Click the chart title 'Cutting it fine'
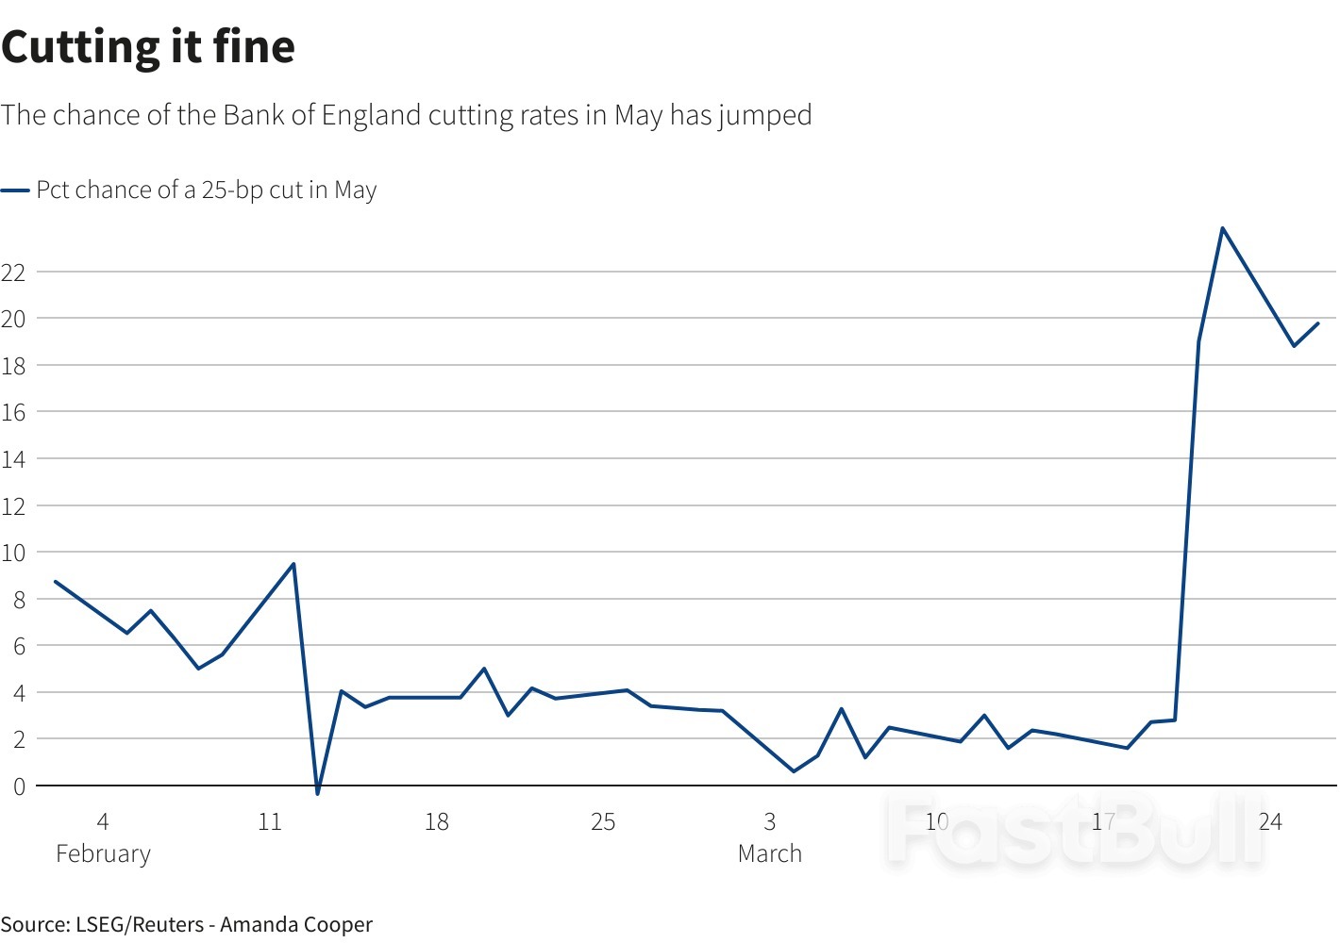point(148,47)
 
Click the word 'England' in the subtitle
point(371,115)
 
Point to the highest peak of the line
point(1222,228)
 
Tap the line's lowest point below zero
point(318,793)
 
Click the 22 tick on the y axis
point(13,273)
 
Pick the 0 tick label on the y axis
point(18,786)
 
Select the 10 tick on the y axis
point(13,553)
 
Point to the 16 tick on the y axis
point(13,412)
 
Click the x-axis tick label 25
point(603,822)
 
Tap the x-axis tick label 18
point(436,822)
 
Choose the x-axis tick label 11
point(270,822)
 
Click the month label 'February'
point(103,854)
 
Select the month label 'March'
point(770,854)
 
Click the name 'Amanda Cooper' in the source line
point(296,925)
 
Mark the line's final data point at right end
point(1318,323)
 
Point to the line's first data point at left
point(56,582)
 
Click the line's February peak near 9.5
point(293,564)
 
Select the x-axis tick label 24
point(1270,822)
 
